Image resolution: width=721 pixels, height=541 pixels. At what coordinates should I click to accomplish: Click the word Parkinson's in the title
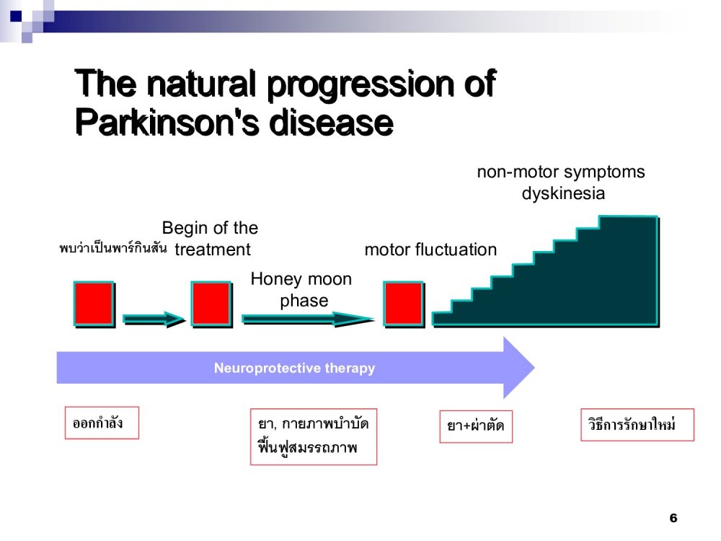click(x=169, y=123)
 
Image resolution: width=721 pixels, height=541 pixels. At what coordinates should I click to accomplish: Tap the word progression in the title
click(x=361, y=84)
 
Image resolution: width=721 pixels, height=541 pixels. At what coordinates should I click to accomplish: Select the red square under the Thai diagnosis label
click(x=94, y=304)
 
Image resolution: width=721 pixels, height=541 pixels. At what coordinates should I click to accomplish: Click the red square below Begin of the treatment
click(x=211, y=304)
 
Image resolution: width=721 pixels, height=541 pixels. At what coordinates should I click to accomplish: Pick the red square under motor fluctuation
click(x=404, y=304)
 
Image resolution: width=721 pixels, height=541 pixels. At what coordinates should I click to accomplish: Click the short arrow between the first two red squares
click(x=154, y=320)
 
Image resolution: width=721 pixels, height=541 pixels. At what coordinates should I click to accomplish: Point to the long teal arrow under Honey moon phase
click(x=309, y=320)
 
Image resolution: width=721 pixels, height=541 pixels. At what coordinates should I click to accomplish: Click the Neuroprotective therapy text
click(x=294, y=368)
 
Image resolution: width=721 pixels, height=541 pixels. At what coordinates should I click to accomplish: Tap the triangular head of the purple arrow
click(x=518, y=368)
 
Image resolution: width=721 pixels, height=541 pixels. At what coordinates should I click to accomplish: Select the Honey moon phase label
click(x=301, y=290)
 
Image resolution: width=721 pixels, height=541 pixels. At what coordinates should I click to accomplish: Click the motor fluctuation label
click(x=430, y=250)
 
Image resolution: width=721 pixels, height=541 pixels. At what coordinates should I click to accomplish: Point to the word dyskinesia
click(x=563, y=193)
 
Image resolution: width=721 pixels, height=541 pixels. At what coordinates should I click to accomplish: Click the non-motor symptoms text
click(x=561, y=172)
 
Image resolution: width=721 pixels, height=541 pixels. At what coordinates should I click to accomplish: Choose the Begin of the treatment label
click(x=211, y=239)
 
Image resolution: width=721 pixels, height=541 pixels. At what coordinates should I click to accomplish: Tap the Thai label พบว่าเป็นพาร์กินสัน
click(x=113, y=248)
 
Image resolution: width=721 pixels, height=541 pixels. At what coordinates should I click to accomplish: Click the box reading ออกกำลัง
click(x=102, y=423)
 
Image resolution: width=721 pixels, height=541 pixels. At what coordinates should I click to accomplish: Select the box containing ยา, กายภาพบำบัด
click(x=314, y=436)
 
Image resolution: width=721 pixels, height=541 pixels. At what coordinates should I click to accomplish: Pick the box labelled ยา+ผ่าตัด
click(x=476, y=426)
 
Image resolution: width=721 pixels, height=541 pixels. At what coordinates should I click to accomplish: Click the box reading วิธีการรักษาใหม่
click(x=637, y=425)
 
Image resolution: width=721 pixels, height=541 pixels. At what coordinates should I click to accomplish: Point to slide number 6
click(x=673, y=519)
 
